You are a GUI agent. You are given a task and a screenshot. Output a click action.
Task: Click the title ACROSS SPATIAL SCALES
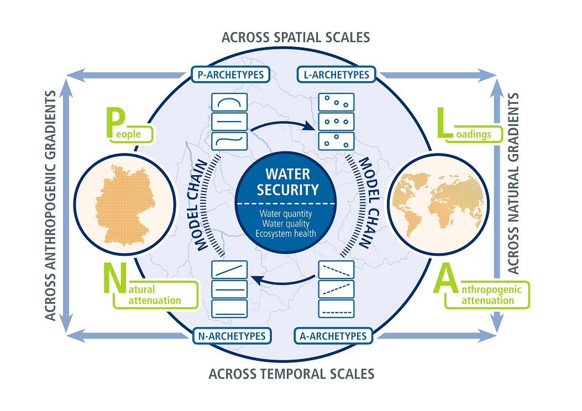point(295,38)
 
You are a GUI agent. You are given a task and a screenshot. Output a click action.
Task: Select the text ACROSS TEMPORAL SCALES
point(291,374)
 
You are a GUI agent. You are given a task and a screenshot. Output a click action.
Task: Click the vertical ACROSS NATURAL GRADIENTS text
point(513,183)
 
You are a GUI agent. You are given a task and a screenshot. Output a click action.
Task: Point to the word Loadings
point(479,133)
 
